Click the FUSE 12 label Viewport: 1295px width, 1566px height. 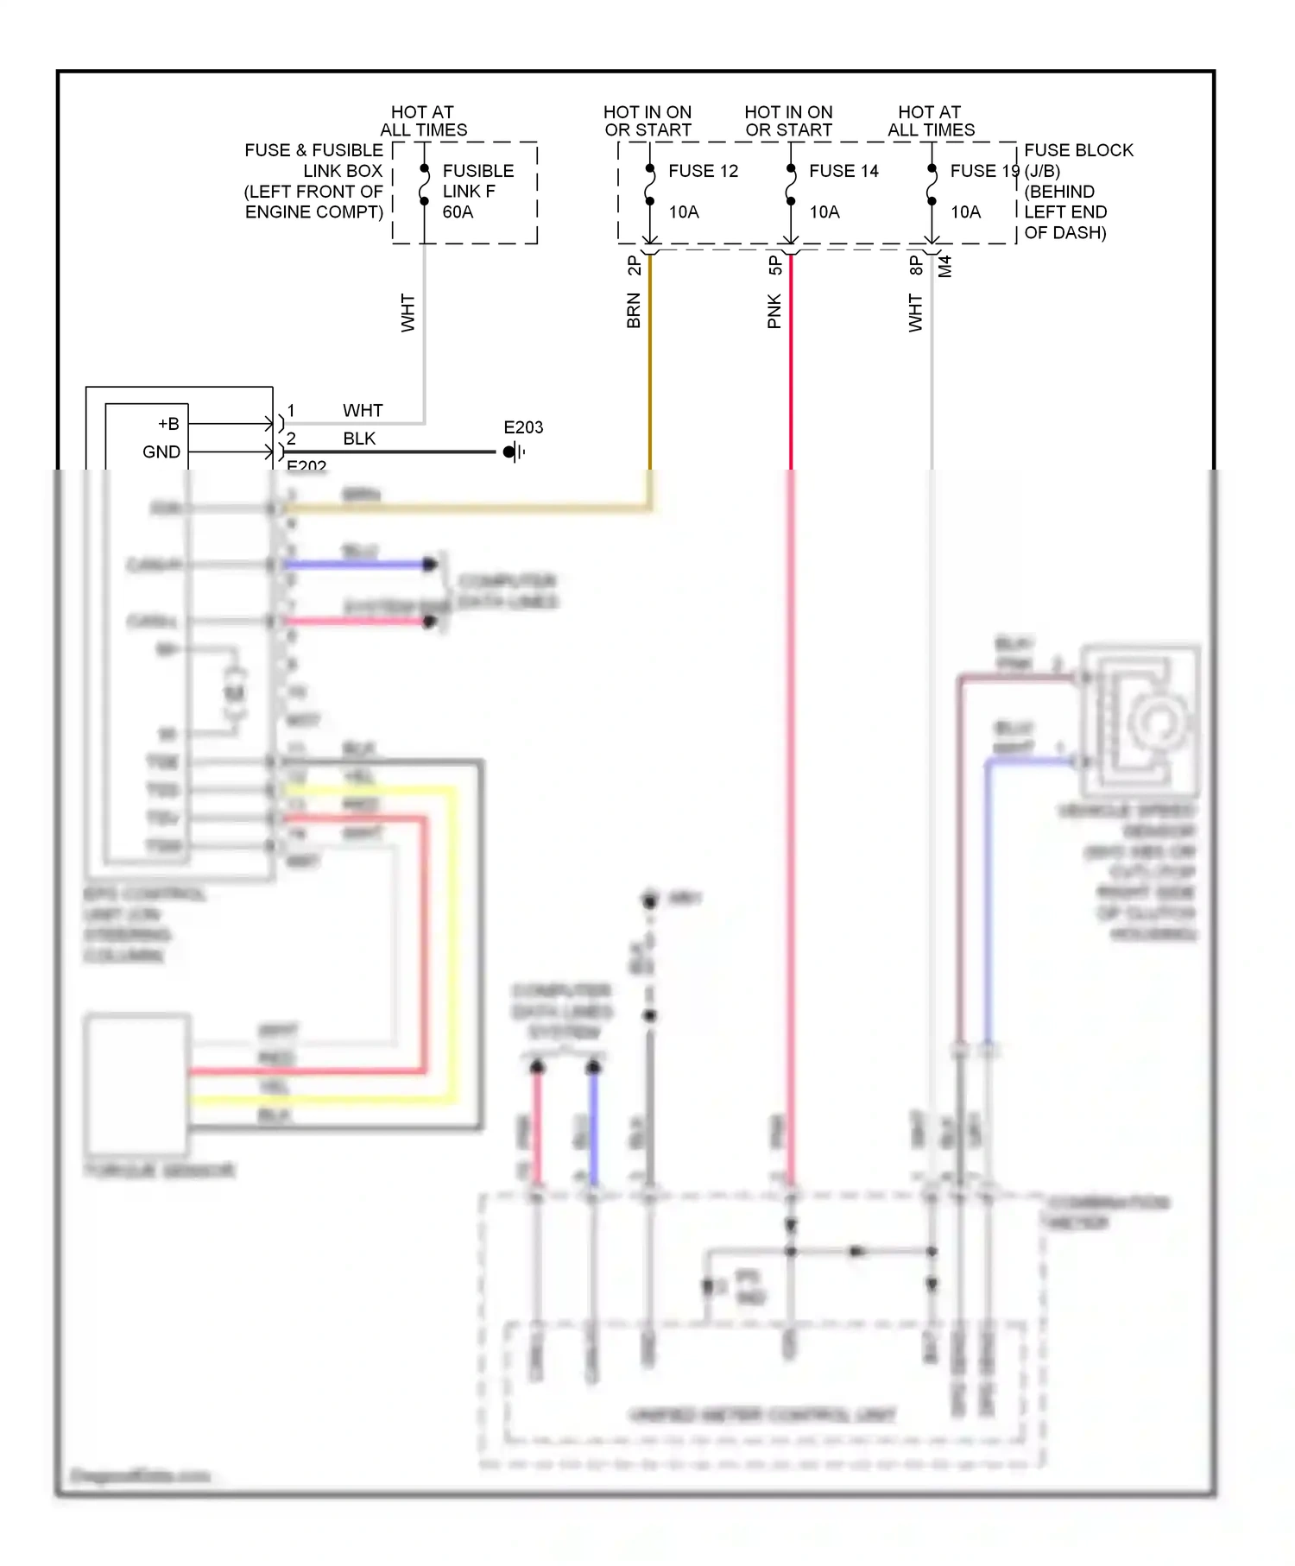tap(703, 171)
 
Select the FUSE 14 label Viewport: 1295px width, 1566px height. tap(843, 171)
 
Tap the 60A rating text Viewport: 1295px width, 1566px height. tap(458, 212)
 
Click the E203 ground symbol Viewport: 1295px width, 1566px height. tap(514, 451)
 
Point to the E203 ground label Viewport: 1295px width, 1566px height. tap(523, 427)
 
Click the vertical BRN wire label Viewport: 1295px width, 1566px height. tap(634, 311)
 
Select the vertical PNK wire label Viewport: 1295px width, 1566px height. tap(774, 311)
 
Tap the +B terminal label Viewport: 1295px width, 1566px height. tap(168, 424)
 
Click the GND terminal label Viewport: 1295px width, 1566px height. tap(161, 451)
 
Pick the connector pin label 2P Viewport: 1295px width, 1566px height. tap(634, 265)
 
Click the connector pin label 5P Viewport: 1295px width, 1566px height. tap(774, 265)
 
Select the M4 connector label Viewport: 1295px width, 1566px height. tap(945, 266)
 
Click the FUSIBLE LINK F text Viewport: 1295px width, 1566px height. tap(477, 181)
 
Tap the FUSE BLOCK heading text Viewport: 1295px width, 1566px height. tap(1078, 150)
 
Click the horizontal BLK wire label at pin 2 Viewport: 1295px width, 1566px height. tap(359, 439)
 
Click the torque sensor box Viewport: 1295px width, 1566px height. tap(137, 1084)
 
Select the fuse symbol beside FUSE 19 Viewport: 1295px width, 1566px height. tap(932, 185)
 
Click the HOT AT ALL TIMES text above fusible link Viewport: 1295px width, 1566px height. tap(423, 121)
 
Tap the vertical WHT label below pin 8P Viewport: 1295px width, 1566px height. tap(915, 313)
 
